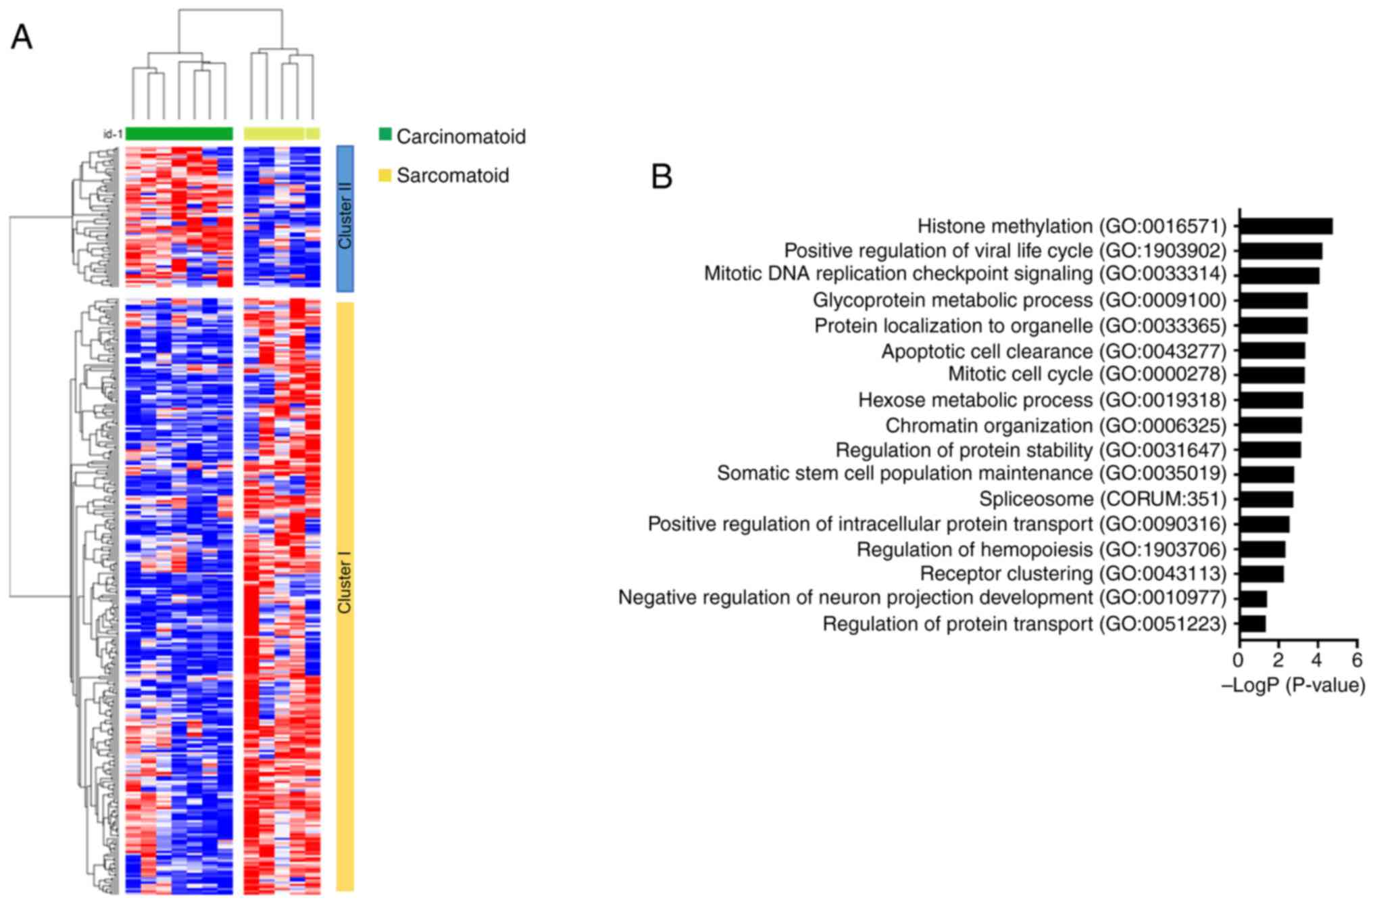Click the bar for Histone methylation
coord(1286,226)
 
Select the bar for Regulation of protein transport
coord(1253,623)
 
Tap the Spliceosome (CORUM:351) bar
coord(1266,499)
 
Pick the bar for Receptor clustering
coord(1262,574)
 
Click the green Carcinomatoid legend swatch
coord(385,134)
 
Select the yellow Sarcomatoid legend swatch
coord(385,175)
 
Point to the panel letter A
coord(22,37)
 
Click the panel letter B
coord(661,176)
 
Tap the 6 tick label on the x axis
coord(1357,660)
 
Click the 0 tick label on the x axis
coord(1239,660)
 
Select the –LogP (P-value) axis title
coord(1293,686)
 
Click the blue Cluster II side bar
coord(345,218)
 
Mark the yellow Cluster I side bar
coord(345,595)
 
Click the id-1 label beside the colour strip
coord(113,134)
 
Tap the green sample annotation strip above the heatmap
coord(179,133)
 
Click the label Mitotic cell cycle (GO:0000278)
coord(1087,374)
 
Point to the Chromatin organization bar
coord(1270,425)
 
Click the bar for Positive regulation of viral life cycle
coord(1280,251)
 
